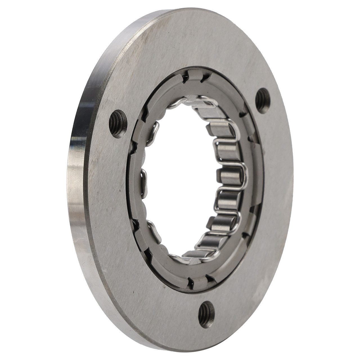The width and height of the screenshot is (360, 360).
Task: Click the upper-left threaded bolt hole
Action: tap(118, 123)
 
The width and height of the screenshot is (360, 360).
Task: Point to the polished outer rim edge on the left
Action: tap(75, 180)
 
